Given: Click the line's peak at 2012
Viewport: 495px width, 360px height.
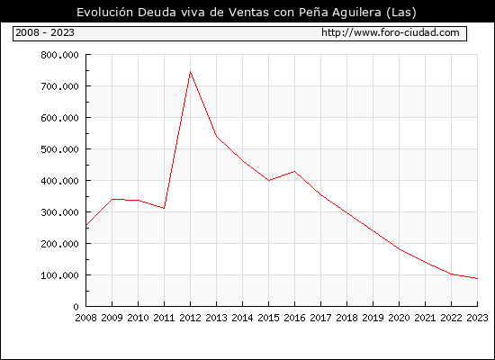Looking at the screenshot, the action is [x=190, y=72].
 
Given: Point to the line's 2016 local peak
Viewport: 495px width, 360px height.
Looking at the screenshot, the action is [x=294, y=172].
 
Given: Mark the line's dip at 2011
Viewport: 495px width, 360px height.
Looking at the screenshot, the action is [x=164, y=208].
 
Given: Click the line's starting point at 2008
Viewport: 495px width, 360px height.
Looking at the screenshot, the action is [x=86, y=225].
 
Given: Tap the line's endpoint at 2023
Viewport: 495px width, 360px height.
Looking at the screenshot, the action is [x=477, y=278].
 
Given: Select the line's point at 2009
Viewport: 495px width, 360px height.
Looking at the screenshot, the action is [x=112, y=199].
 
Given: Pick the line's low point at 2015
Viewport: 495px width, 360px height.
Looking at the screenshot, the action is [x=269, y=180].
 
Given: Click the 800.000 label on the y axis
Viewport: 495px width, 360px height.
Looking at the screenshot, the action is [x=59, y=55].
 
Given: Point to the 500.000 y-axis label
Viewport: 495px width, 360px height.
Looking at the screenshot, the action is [x=59, y=149].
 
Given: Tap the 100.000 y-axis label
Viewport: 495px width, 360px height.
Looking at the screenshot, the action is [x=59, y=275].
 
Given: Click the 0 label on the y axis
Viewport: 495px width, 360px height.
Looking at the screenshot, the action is [x=76, y=307].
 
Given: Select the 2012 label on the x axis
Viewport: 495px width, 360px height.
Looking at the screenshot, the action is [x=190, y=318].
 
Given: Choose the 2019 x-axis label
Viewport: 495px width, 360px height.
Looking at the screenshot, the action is [x=373, y=318].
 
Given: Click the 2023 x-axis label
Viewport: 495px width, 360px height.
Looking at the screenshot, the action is [x=477, y=318].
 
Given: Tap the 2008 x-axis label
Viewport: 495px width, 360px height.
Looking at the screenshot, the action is [x=85, y=318].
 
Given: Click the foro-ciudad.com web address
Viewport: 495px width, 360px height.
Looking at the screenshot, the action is [x=391, y=32].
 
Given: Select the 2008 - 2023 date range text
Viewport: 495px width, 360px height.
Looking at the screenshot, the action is [x=45, y=32].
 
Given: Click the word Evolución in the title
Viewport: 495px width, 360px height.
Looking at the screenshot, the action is [x=105, y=13].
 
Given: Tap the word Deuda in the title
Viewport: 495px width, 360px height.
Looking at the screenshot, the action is [x=157, y=13].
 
